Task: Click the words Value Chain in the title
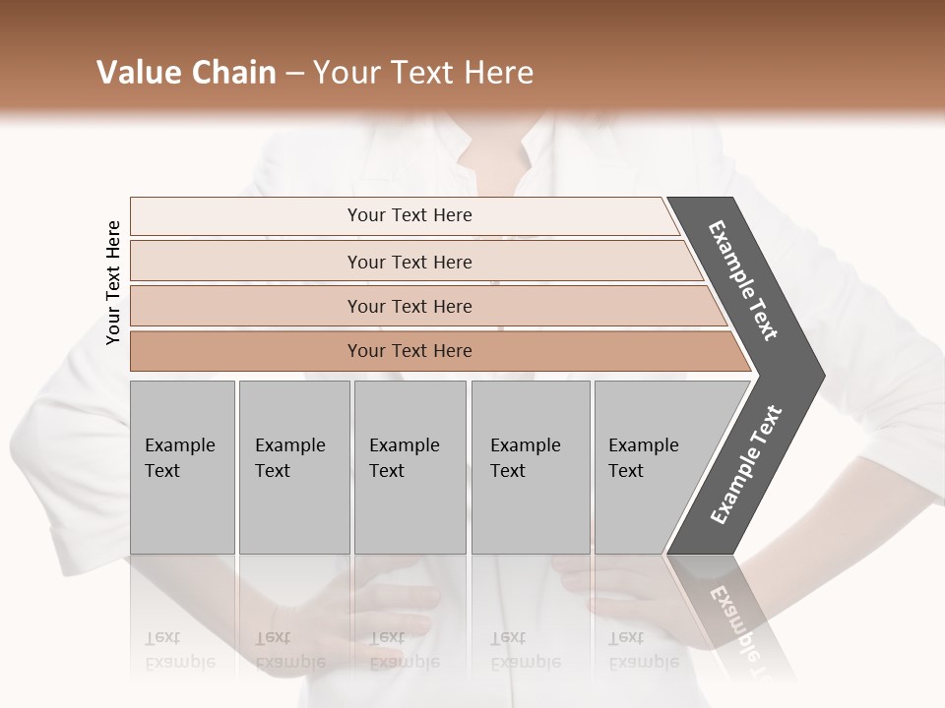(x=186, y=73)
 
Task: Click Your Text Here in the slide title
(x=423, y=73)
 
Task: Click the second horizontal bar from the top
(x=409, y=262)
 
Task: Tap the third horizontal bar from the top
(x=409, y=306)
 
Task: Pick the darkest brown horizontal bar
(x=409, y=351)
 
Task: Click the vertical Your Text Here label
(x=113, y=282)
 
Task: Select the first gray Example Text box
(x=182, y=466)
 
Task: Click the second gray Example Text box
(x=293, y=466)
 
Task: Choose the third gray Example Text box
(x=409, y=466)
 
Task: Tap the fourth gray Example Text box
(x=530, y=466)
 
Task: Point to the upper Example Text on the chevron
(x=743, y=280)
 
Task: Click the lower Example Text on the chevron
(x=746, y=465)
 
